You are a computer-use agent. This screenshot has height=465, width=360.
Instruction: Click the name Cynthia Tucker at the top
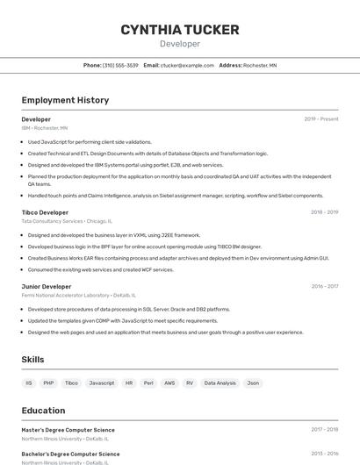180,30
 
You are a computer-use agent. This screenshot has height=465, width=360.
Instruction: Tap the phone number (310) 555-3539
120,65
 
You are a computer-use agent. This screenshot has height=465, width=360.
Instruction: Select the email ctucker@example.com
187,65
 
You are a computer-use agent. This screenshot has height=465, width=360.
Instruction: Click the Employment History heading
65,100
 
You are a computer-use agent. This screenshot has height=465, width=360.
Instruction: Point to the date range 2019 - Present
321,119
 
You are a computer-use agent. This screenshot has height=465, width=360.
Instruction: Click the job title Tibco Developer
45,212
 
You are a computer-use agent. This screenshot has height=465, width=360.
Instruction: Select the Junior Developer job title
47,286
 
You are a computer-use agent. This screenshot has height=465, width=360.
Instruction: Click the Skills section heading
32,360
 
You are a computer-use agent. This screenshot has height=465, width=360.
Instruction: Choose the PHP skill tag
48,383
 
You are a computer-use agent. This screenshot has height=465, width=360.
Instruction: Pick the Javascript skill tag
101,383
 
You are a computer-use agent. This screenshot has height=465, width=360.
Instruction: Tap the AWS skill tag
169,383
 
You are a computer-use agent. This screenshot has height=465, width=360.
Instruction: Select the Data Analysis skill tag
220,383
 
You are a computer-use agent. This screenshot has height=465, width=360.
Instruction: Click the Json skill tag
253,383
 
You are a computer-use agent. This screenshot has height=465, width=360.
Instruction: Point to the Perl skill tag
149,383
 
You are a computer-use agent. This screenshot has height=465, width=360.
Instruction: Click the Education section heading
43,411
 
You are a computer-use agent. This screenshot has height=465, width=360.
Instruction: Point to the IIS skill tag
29,383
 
